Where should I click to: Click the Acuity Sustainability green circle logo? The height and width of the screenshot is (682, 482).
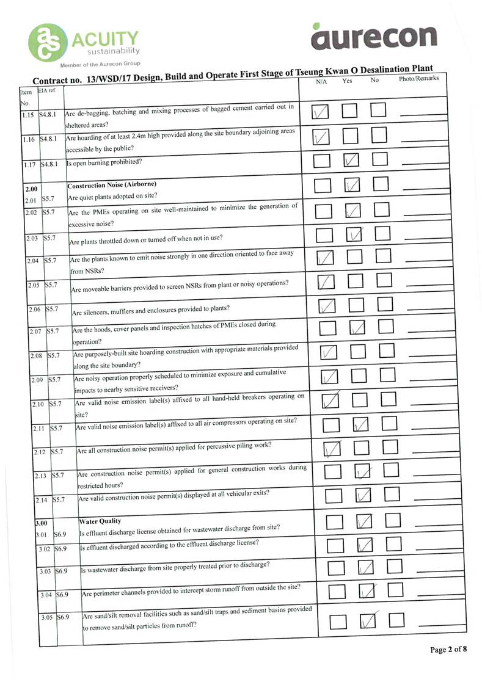[48, 42]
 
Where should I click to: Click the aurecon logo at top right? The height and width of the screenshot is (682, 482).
[374, 37]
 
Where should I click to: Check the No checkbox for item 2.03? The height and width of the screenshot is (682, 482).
[382, 234]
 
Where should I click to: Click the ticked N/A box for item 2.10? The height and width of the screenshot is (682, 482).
[330, 401]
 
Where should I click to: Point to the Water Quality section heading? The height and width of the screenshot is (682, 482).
[100, 521]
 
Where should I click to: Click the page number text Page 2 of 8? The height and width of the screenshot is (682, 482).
[448, 650]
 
